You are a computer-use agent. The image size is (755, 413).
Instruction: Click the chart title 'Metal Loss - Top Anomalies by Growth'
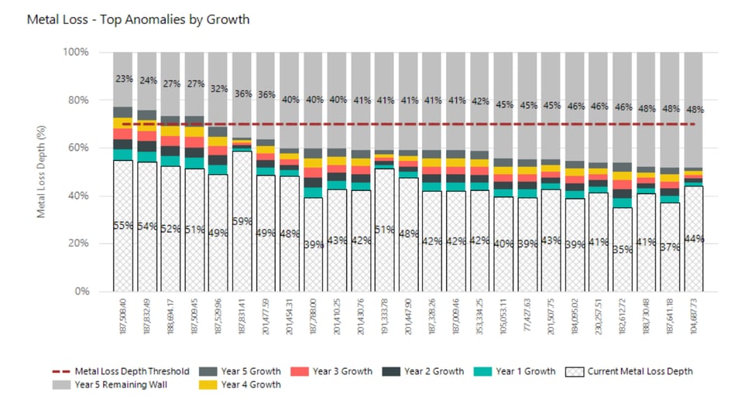[139, 19]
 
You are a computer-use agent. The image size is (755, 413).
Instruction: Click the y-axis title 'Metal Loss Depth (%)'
[42, 172]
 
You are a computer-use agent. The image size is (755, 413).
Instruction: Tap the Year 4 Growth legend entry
[244, 384]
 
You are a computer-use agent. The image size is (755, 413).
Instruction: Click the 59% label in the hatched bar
[242, 221]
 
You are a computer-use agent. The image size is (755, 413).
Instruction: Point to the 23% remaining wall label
[123, 78]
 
